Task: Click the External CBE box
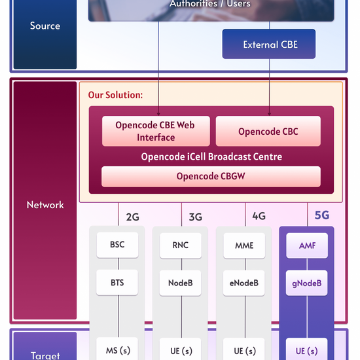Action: click(x=269, y=45)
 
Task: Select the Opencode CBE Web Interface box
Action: click(x=156, y=131)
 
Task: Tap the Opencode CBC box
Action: click(x=268, y=132)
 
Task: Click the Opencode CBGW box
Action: click(x=211, y=176)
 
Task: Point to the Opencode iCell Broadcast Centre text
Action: click(x=211, y=157)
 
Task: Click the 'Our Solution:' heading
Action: click(x=115, y=95)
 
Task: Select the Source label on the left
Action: click(x=45, y=26)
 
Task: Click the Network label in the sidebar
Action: click(x=45, y=205)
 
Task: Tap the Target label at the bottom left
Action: click(x=45, y=355)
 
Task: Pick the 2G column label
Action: click(x=132, y=217)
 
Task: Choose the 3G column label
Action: click(x=196, y=217)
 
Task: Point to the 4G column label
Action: click(x=259, y=216)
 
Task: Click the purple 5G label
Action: click(x=322, y=215)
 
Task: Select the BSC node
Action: click(x=117, y=245)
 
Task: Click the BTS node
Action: click(x=117, y=283)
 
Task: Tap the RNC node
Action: click(x=180, y=245)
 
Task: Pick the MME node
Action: click(x=243, y=245)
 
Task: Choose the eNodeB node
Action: click(x=243, y=283)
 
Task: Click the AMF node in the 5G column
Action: click(x=307, y=245)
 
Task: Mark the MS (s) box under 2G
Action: click(x=117, y=350)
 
